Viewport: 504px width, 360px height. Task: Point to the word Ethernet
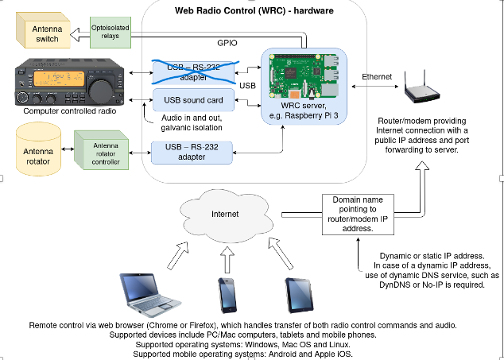376,77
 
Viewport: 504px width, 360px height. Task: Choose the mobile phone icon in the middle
227,296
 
